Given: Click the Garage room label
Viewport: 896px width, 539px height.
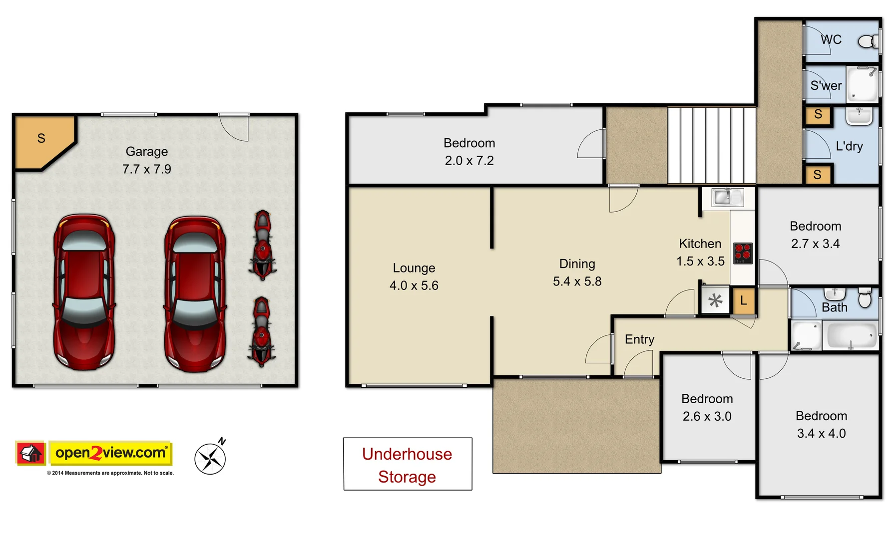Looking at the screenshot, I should click(146, 152).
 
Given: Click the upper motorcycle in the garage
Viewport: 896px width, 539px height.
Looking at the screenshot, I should click(262, 245).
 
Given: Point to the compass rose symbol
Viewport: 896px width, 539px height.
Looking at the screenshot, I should click(210, 458).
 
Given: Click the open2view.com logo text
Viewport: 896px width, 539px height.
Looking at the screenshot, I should click(110, 453).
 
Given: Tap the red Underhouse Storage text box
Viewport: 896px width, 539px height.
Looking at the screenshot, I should click(407, 465).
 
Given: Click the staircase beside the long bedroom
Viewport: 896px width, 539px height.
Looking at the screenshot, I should click(711, 145).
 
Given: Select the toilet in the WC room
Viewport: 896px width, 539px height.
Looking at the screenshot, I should click(868, 41).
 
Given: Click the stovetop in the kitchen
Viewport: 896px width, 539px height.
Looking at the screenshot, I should click(743, 253).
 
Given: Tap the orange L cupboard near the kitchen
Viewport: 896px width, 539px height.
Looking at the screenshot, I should click(743, 300).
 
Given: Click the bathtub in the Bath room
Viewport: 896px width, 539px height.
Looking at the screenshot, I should click(851, 335).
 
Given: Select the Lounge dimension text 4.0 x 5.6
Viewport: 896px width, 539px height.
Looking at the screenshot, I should click(414, 286).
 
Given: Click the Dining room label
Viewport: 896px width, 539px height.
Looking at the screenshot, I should click(577, 264).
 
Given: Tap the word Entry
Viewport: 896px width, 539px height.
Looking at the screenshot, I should click(639, 339).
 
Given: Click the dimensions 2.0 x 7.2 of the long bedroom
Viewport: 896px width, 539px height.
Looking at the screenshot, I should click(469, 161).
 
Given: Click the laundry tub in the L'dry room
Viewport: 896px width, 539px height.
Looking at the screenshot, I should click(859, 116).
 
